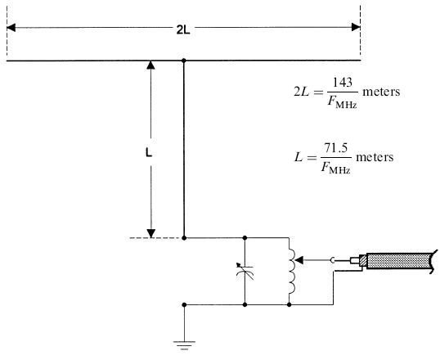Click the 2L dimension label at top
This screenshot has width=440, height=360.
(x=183, y=30)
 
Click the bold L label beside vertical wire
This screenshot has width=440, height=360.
(x=149, y=153)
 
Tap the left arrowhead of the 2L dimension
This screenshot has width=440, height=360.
(x=11, y=28)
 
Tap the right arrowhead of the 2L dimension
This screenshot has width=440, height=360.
(x=356, y=27)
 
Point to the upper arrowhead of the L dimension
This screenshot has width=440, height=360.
(x=151, y=65)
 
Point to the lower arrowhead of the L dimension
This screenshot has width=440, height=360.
(x=151, y=233)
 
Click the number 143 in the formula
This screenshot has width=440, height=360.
(x=343, y=83)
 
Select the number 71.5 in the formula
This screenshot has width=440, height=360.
(x=336, y=148)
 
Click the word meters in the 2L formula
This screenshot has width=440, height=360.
(x=381, y=92)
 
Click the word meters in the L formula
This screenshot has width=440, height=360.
(x=375, y=157)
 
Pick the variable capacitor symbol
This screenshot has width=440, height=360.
(x=245, y=271)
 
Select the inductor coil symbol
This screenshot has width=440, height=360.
(x=291, y=272)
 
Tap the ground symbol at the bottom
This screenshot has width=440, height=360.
(x=184, y=345)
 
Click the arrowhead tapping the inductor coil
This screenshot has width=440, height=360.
(x=299, y=261)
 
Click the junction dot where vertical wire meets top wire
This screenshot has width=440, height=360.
(x=184, y=61)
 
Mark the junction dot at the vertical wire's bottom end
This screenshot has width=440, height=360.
(x=184, y=238)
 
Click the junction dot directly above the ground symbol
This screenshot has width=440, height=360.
(x=184, y=304)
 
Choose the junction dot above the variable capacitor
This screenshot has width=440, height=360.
(x=245, y=238)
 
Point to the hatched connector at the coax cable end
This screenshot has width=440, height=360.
(x=362, y=261)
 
